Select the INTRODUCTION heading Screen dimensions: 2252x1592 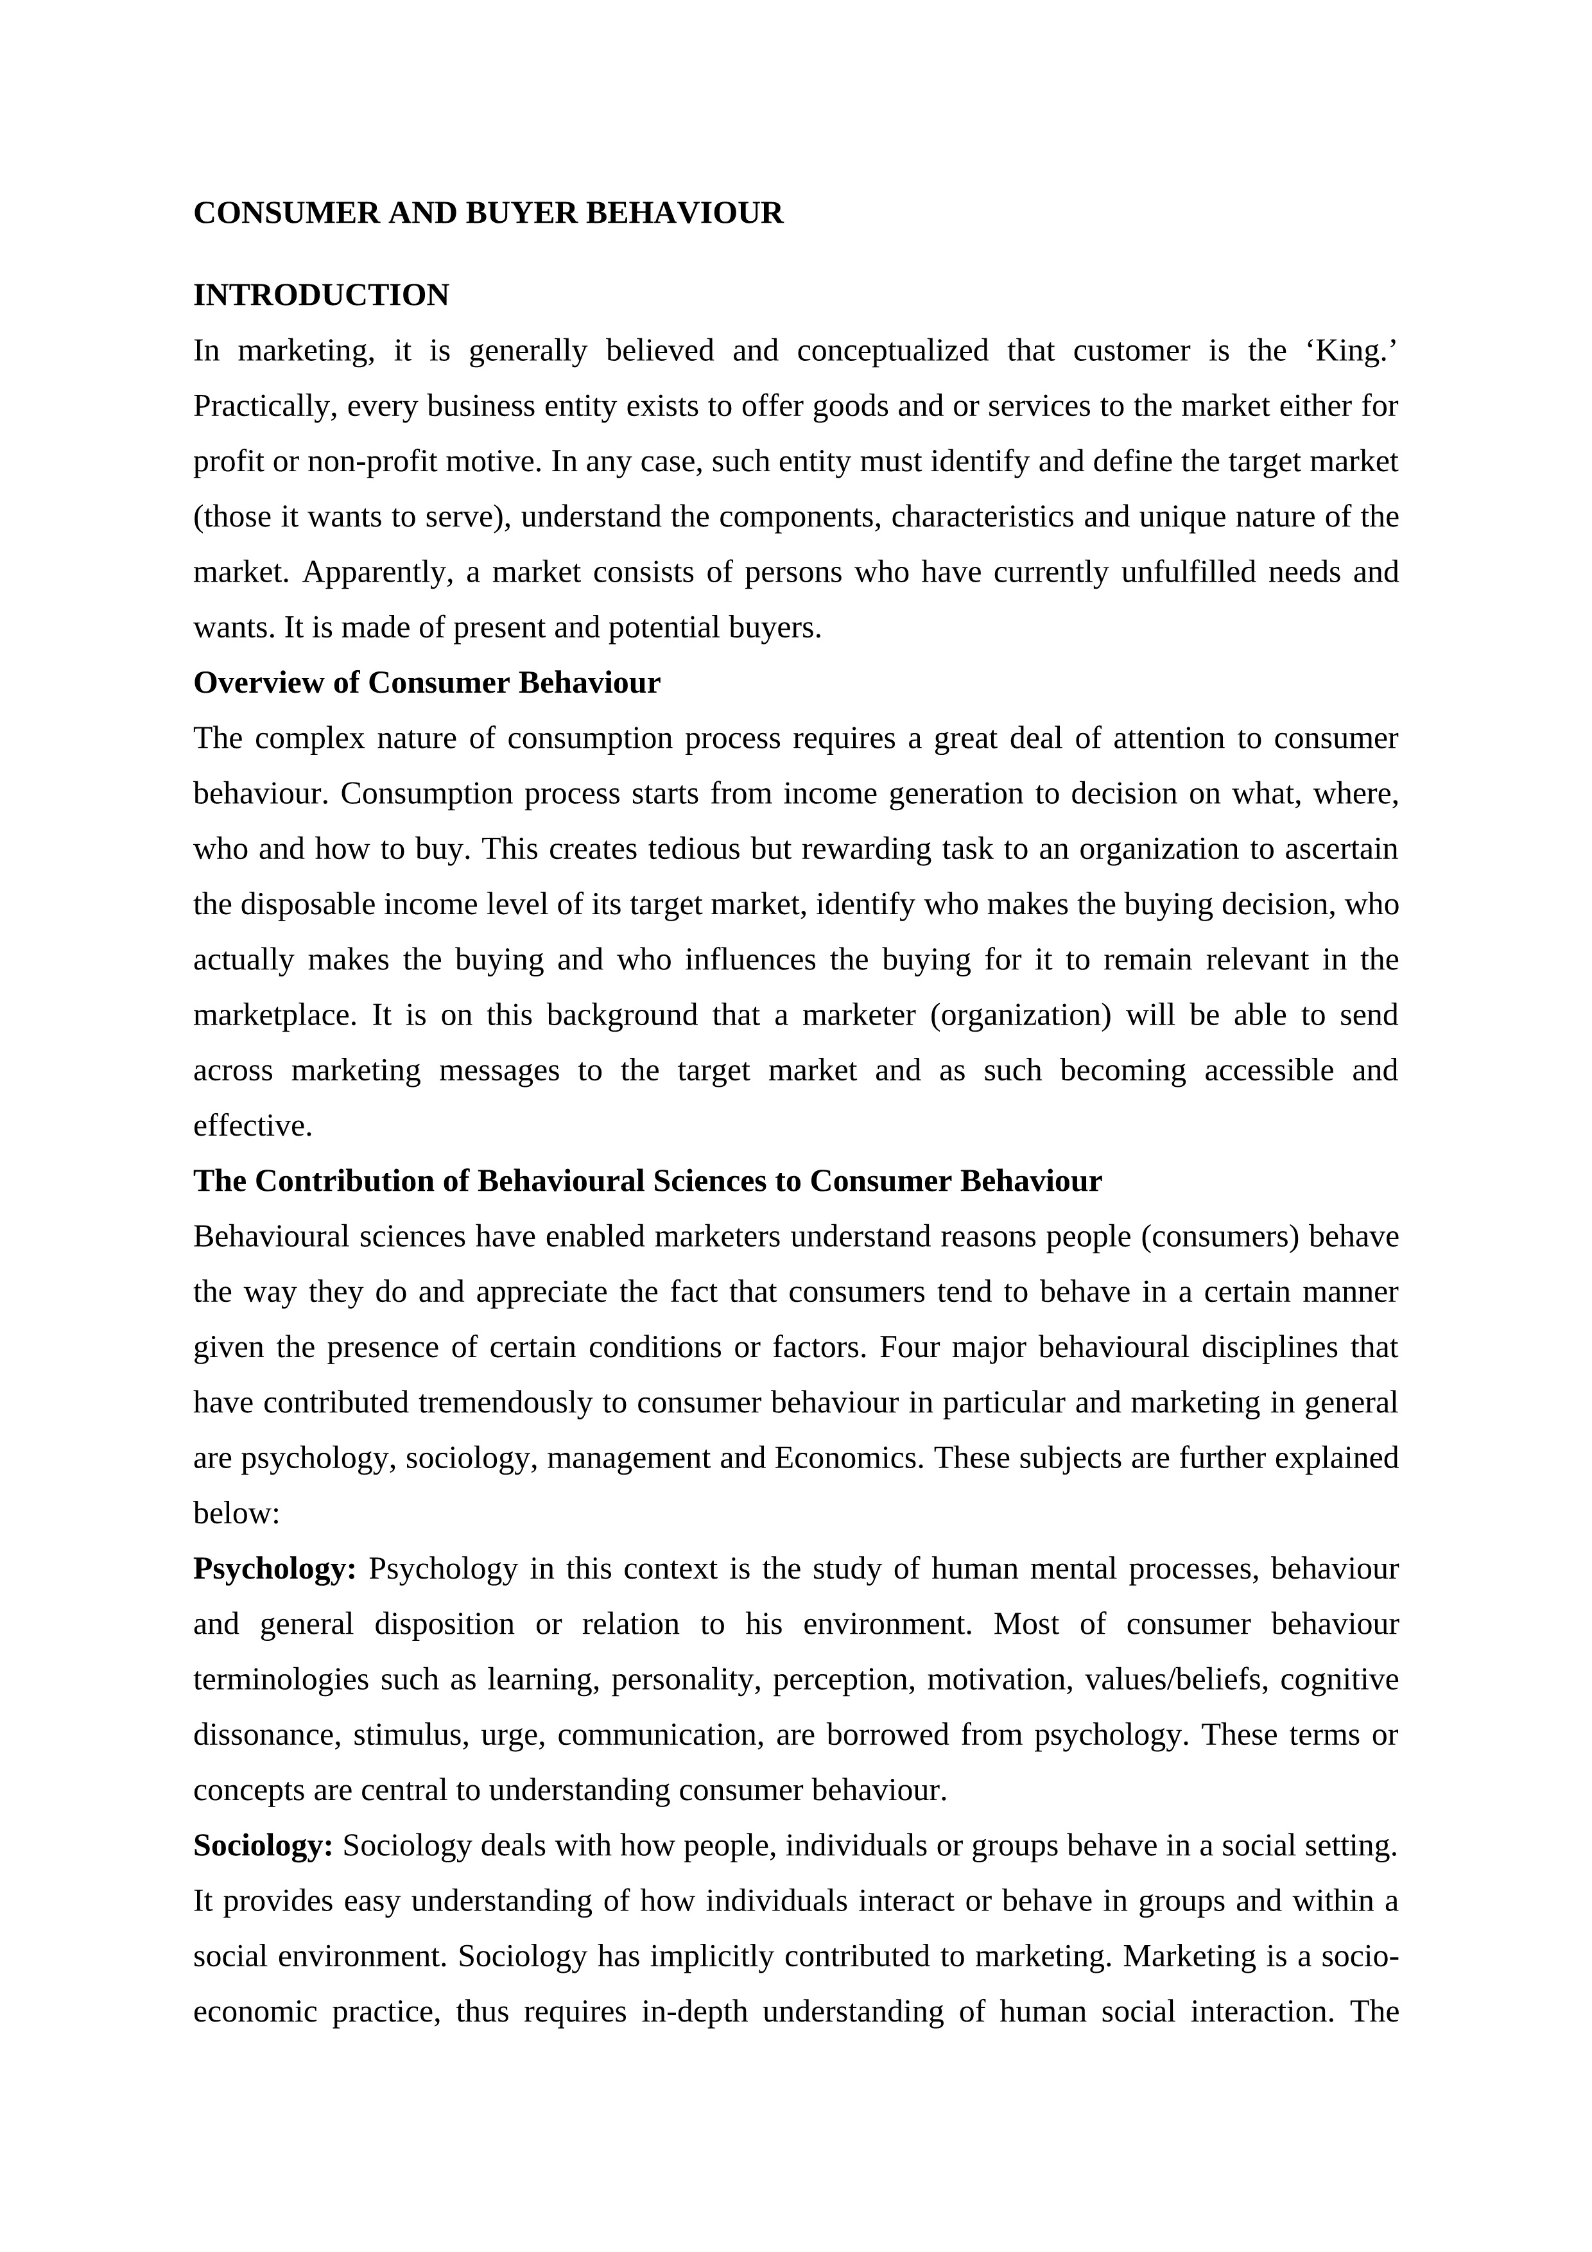coord(321,295)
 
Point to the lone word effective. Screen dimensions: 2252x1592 coord(252,1126)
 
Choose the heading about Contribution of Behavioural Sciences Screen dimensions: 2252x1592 coord(648,1181)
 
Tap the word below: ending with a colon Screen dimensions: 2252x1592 coord(236,1514)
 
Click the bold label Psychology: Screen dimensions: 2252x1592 coord(275,1568)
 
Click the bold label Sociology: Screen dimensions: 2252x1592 coord(263,1846)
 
